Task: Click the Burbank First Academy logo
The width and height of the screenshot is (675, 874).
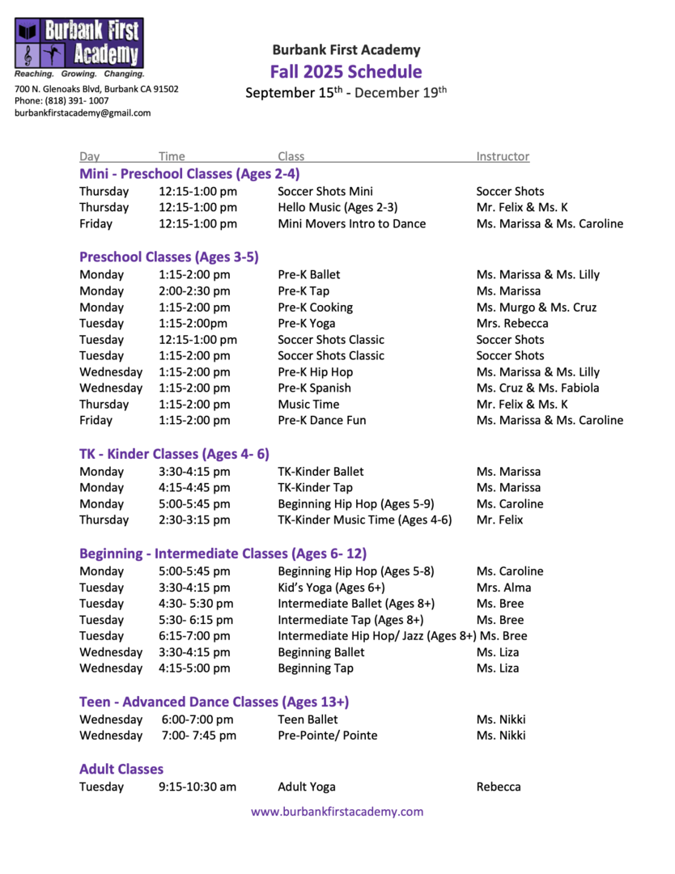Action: (79, 44)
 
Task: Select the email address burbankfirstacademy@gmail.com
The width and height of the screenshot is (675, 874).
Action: (83, 113)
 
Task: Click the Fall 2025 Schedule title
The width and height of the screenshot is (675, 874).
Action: (346, 72)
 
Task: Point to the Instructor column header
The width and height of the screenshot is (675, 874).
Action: (503, 156)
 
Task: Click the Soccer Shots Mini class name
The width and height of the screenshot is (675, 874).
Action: (325, 192)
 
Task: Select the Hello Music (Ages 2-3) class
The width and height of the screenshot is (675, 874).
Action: (337, 208)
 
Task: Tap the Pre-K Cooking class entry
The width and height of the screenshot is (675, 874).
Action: (315, 308)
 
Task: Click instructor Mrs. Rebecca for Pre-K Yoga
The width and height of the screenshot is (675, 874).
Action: (512, 324)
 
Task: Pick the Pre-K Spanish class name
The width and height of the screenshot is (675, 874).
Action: (314, 388)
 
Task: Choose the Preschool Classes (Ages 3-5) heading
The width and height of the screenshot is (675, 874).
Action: (168, 257)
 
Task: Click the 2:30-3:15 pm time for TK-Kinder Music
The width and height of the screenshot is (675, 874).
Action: (194, 520)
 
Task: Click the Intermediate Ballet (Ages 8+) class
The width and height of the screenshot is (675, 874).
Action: (356, 604)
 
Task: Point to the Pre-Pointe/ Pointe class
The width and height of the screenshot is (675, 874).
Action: (327, 736)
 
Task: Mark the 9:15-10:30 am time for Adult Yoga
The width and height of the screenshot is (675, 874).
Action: (197, 787)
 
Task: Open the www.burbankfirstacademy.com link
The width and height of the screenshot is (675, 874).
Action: (337, 812)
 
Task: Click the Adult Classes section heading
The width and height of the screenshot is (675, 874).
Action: (121, 769)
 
